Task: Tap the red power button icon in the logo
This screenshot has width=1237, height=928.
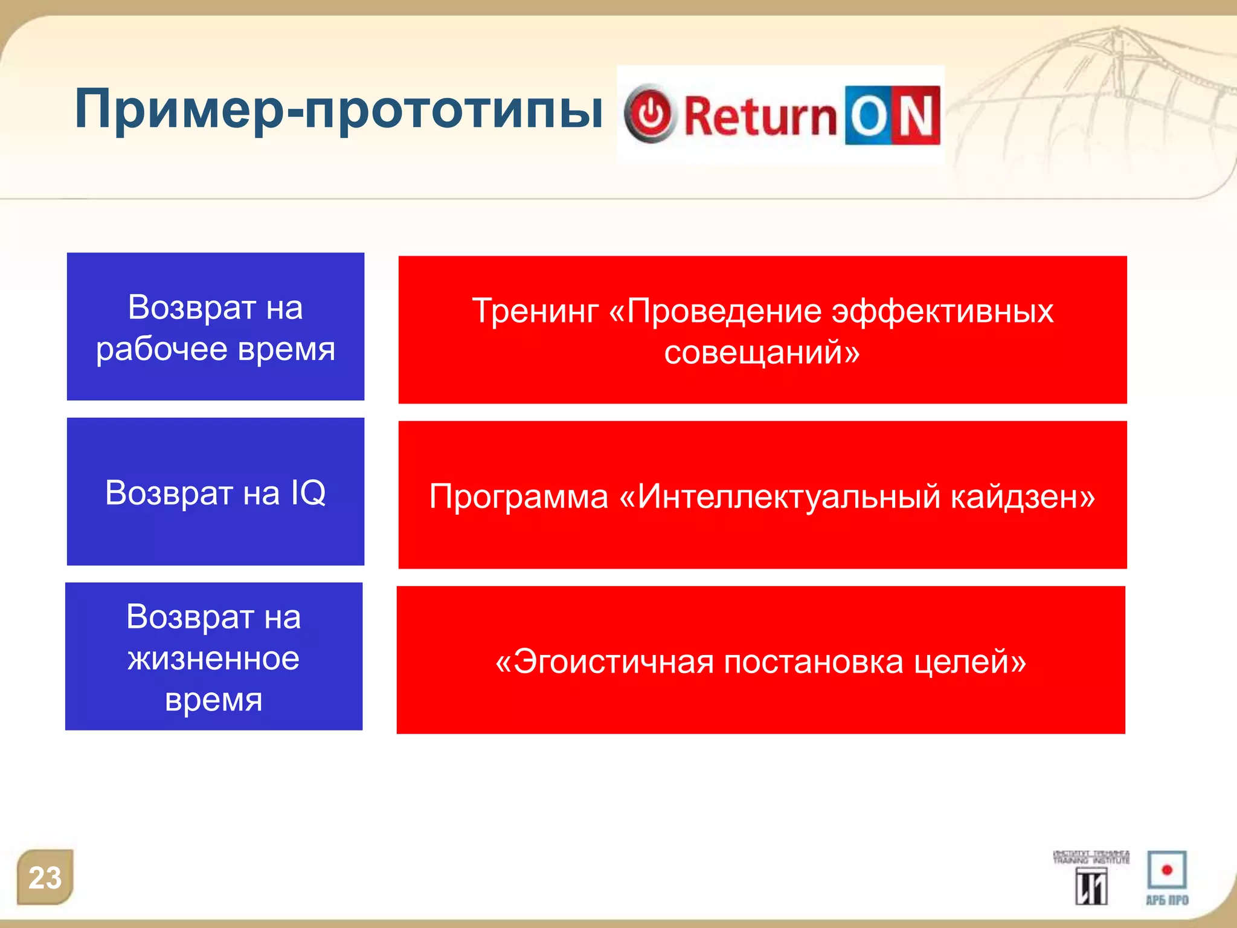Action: coord(650,114)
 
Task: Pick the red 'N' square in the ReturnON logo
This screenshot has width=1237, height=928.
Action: coord(916,115)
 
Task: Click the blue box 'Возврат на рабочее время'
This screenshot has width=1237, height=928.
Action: coord(215,326)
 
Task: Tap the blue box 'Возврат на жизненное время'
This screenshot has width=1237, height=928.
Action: coord(214,657)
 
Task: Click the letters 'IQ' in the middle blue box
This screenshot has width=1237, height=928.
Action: coord(308,492)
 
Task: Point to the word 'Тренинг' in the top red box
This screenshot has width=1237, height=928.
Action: coord(535,311)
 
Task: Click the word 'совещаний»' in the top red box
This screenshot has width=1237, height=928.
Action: coord(762,352)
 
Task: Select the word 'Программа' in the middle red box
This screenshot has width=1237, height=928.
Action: coord(518,497)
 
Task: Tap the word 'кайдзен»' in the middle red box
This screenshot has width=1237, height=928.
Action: coord(1023,497)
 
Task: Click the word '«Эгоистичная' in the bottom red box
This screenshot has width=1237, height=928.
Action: coord(604,662)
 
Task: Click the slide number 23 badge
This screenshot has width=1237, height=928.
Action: coord(45,877)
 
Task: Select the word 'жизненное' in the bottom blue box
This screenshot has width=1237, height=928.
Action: coord(213,659)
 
